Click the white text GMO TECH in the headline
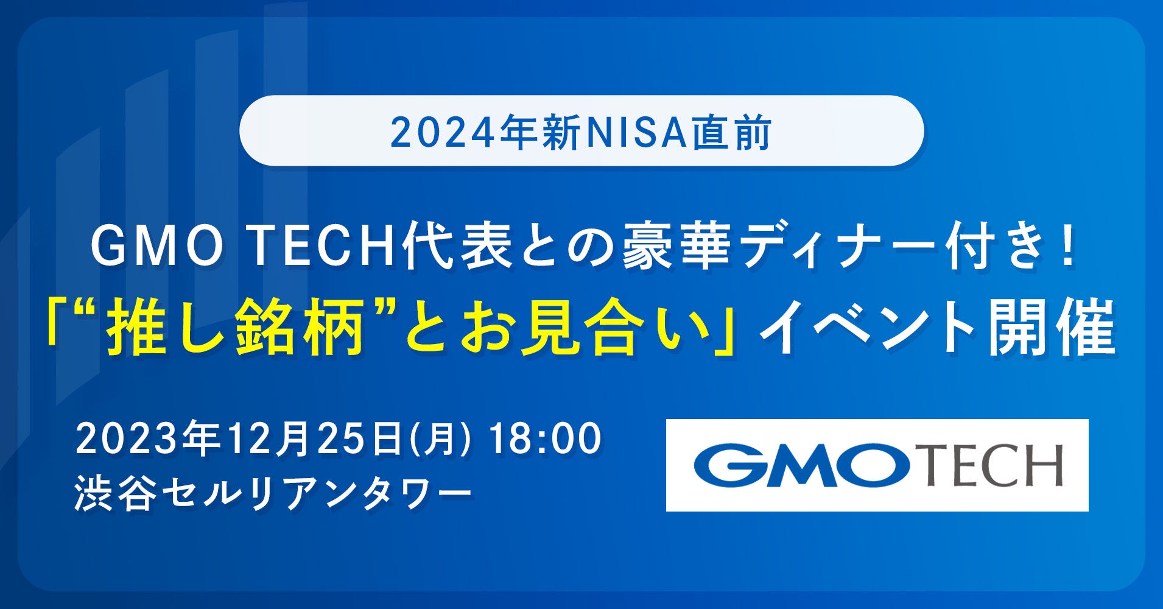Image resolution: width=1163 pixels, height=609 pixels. click(244, 248)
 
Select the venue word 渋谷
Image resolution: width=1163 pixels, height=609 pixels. click(112, 492)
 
